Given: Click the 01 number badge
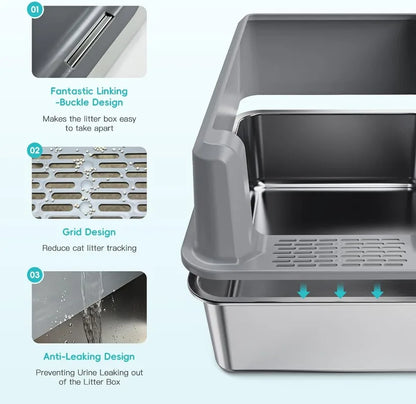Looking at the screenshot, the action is point(35,9).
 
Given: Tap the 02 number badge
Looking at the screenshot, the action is point(35,150).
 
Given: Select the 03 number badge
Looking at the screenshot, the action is point(35,275).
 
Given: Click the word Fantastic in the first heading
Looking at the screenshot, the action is point(69,91).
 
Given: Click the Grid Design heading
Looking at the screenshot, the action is point(89,232).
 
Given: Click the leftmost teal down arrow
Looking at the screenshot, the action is point(303,291).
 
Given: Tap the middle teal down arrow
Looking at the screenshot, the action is point(340,291).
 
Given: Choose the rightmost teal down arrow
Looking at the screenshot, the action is point(377,291).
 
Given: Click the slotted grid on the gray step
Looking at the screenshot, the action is point(340,252).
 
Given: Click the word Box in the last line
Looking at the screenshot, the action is point(113,382).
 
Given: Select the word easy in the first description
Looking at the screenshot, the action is point(128,119).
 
